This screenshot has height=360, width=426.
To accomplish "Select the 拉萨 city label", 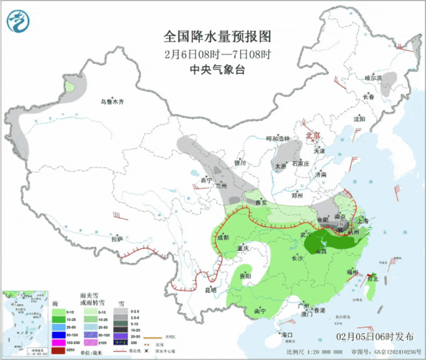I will pyautogui.click(x=116, y=238).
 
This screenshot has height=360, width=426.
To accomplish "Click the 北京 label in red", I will pyautogui.click(x=312, y=136).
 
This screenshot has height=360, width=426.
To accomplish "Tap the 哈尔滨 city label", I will pyautogui.click(x=373, y=78).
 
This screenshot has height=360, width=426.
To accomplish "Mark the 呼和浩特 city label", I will pyautogui.click(x=278, y=138).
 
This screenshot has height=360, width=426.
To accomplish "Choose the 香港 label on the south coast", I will pyautogui.click(x=319, y=311).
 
